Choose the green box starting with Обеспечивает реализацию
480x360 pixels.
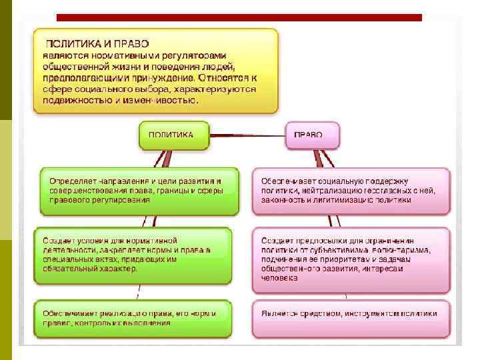coord(133,317)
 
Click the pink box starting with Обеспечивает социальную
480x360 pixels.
coord(351,191)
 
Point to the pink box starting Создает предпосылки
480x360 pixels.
coord(351,259)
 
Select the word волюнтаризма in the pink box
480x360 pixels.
coord(399,250)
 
